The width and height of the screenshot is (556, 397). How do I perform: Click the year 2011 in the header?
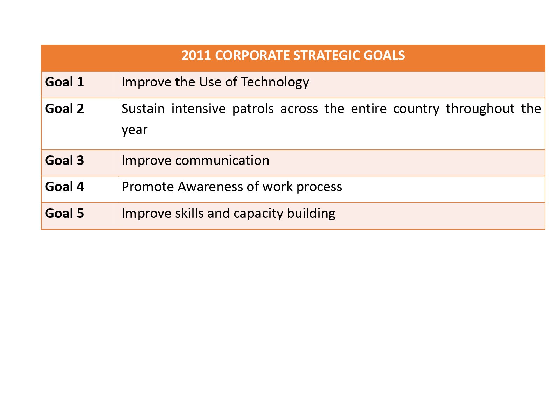click(x=196, y=55)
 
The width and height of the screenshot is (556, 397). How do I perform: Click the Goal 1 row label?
click(x=64, y=82)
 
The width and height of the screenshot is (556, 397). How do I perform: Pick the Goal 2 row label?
click(x=64, y=109)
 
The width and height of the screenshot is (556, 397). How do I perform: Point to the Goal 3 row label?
click(x=64, y=160)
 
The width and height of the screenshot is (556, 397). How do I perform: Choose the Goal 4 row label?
click(x=64, y=187)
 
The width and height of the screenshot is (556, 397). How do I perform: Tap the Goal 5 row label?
click(x=64, y=213)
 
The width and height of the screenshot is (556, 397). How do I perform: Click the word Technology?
click(x=275, y=83)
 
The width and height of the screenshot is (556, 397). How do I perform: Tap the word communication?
click(x=222, y=161)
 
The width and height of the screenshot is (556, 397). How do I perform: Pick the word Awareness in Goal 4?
click(x=210, y=187)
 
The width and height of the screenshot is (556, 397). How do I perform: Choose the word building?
click(x=311, y=214)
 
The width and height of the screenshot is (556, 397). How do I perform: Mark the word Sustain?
click(x=143, y=109)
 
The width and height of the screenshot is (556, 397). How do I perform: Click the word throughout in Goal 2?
click(x=480, y=109)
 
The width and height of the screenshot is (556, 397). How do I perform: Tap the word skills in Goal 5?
click(x=189, y=213)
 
